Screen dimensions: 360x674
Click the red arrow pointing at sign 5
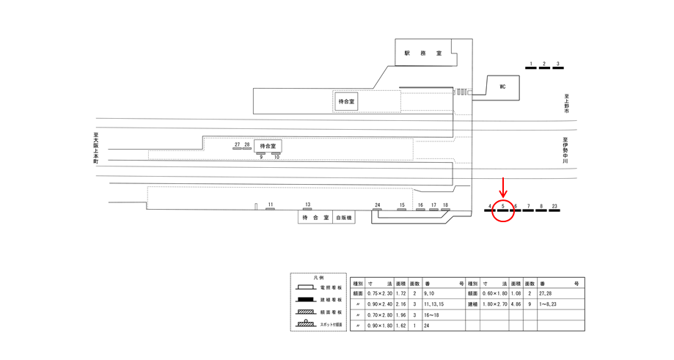pos(503,187)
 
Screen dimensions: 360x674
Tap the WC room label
pos(502,87)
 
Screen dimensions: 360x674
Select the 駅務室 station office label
pos(423,54)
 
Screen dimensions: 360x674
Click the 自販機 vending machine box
pos(344,218)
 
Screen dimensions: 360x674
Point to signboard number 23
pos(554,207)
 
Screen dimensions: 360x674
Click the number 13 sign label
pos(308,205)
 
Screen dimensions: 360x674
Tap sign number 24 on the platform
pos(377,205)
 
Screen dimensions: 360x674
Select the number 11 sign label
pos(271,205)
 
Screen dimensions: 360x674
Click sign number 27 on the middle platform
pos(237,145)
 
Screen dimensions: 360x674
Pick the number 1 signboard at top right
pos(531,65)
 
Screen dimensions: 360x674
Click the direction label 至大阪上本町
pos(95,147)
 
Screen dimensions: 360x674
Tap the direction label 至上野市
pos(566,103)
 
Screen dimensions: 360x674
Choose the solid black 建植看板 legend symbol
pos(305,299)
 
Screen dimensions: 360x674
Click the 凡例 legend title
pos(318,279)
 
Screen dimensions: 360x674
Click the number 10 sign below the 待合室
pos(276,157)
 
